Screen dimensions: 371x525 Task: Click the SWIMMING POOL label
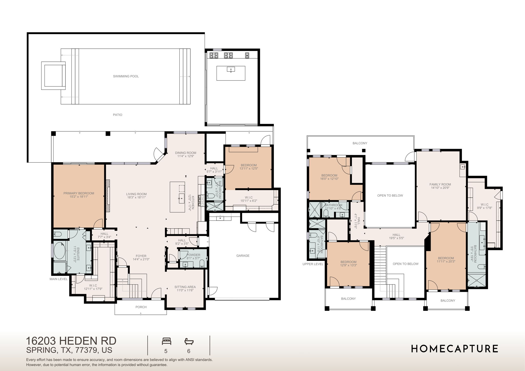(x=126, y=76)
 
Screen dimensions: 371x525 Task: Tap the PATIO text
(x=117, y=115)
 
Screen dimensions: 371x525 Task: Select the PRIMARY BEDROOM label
(x=79, y=193)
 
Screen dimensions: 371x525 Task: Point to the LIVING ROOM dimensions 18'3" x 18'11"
(x=136, y=197)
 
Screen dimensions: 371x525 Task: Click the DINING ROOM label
(x=186, y=153)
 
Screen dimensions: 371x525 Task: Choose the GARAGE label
(x=243, y=256)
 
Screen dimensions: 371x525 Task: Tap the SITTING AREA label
(x=185, y=287)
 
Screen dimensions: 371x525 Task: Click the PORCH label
(x=141, y=307)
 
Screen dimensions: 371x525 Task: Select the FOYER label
(x=141, y=256)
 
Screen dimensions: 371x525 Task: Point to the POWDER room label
(x=193, y=255)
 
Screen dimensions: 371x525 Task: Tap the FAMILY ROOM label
(x=440, y=184)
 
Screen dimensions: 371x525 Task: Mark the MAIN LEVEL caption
(x=58, y=279)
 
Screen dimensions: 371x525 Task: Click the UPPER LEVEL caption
(x=313, y=264)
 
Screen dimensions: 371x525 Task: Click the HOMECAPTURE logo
(x=454, y=349)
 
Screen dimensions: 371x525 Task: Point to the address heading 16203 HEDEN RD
(x=71, y=341)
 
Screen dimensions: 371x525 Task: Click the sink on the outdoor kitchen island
(x=231, y=69)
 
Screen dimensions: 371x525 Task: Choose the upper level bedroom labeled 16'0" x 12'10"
(x=329, y=177)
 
